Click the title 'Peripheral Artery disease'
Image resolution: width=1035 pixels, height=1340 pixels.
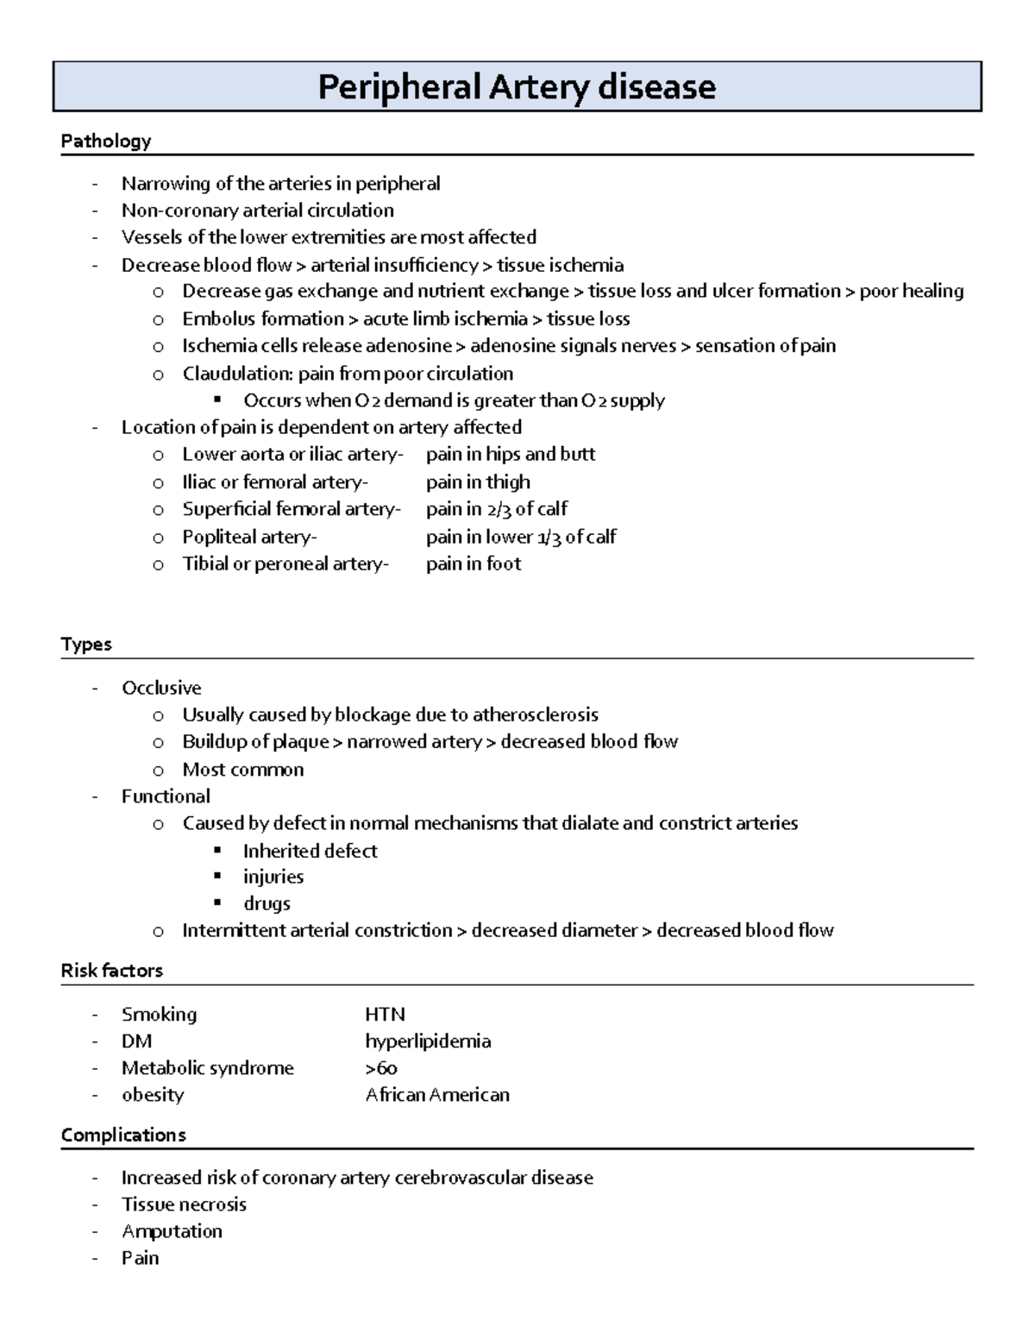click(517, 87)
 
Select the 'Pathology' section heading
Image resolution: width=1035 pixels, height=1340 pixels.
click(105, 141)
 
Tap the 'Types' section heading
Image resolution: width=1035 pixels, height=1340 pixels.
click(86, 645)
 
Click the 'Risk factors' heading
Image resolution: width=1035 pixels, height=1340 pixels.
click(111, 971)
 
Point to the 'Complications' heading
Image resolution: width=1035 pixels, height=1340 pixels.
click(123, 1135)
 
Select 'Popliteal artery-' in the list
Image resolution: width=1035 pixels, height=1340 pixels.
click(249, 537)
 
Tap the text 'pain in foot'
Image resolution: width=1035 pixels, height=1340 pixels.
click(474, 563)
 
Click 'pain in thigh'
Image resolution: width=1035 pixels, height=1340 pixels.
click(478, 481)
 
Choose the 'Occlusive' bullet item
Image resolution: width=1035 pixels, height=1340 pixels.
click(161, 688)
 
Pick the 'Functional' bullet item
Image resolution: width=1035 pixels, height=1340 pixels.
click(166, 796)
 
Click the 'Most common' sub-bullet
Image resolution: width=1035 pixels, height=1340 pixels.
click(242, 769)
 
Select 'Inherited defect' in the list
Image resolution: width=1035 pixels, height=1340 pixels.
click(310, 851)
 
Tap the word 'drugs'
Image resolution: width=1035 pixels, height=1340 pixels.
click(267, 903)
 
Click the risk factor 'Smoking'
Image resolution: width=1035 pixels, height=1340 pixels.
click(159, 1014)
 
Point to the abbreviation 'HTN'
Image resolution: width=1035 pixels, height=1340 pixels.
click(385, 1014)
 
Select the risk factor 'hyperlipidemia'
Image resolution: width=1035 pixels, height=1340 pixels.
click(428, 1041)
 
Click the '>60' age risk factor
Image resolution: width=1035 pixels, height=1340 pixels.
click(380, 1068)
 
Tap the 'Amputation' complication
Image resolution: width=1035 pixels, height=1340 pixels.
click(172, 1230)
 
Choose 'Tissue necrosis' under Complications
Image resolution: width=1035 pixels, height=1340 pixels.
click(184, 1204)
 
